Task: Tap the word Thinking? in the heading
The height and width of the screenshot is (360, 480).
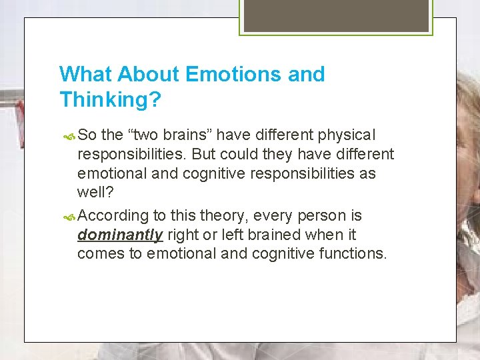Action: point(110,99)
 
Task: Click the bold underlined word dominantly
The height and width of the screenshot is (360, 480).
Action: point(120,235)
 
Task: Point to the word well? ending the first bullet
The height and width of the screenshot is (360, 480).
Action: point(95,193)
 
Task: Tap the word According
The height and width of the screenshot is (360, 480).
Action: point(112,216)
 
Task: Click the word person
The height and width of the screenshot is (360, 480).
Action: point(319,216)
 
